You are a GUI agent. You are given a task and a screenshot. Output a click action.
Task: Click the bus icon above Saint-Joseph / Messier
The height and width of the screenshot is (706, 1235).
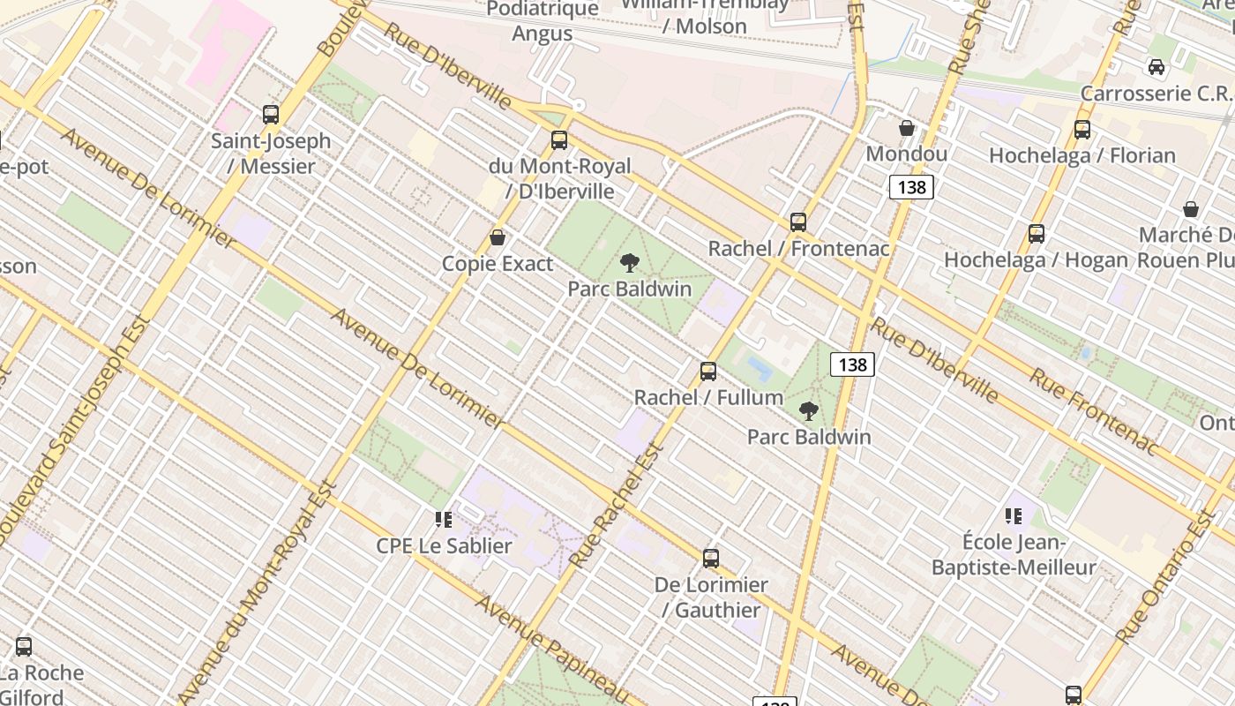271,114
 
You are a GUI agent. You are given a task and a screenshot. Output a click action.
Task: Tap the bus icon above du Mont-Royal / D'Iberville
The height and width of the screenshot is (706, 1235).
559,139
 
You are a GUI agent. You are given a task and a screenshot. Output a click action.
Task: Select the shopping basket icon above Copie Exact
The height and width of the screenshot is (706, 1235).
498,237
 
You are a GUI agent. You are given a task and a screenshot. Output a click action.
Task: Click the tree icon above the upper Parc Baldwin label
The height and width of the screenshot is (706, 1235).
629,262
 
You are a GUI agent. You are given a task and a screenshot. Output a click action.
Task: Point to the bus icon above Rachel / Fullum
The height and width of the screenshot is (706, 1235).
708,372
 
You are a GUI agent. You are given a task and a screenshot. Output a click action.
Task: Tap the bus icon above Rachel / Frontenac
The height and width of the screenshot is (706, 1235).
798,222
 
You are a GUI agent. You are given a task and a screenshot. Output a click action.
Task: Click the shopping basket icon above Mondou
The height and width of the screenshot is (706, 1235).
907,128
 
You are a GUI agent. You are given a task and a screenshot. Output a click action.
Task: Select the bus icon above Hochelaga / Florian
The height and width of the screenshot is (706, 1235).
1082,130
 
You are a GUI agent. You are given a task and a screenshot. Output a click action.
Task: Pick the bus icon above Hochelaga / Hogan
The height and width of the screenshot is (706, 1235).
1037,234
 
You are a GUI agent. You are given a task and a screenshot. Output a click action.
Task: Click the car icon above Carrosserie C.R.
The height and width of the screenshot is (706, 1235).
1156,67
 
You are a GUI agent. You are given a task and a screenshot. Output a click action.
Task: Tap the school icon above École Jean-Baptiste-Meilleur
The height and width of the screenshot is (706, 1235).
1014,515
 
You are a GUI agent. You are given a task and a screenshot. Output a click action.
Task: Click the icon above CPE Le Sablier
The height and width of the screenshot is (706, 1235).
444,520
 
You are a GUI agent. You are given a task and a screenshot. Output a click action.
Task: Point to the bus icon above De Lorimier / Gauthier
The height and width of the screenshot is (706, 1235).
711,559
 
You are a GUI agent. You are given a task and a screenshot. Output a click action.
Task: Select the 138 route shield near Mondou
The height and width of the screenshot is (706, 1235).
911,187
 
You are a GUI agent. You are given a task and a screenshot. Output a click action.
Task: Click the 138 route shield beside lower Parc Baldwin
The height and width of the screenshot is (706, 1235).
852,364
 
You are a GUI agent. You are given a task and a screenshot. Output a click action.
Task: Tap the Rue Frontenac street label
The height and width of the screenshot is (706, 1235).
1092,411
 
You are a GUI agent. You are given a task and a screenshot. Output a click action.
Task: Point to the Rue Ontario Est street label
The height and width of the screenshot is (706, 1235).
1166,576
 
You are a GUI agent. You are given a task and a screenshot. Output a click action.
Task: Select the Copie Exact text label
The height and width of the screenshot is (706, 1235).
498,264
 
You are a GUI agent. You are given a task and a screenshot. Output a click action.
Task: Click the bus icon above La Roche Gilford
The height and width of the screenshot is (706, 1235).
24,646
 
